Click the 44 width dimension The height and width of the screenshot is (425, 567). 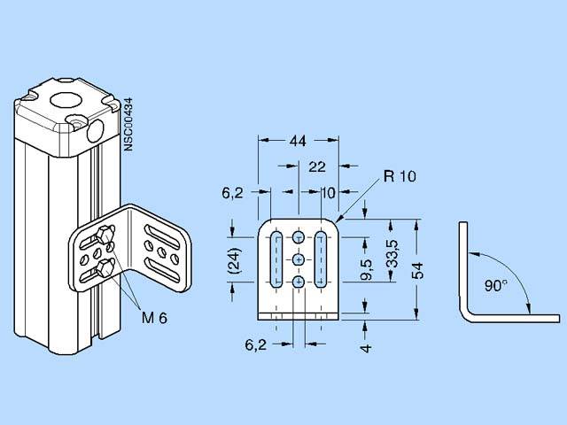point(298,141)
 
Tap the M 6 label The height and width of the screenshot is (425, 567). point(153,317)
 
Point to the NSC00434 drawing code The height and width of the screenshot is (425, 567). point(129,123)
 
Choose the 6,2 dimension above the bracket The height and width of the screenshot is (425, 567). point(233,191)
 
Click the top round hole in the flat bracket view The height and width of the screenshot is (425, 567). point(299,239)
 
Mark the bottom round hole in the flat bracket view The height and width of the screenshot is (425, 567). point(299,281)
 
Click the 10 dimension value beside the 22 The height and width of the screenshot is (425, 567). point(329,191)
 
